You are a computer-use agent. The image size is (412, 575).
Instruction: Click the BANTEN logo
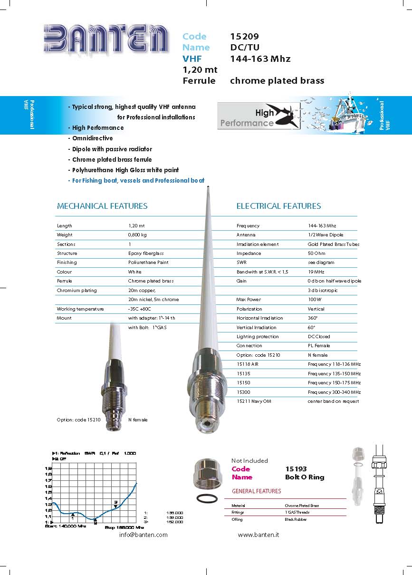(x=106, y=38)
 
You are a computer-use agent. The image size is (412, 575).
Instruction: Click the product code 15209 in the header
(x=244, y=37)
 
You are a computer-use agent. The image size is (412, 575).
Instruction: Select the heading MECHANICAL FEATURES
(x=102, y=206)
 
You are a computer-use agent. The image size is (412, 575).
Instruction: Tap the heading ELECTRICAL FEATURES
(x=278, y=206)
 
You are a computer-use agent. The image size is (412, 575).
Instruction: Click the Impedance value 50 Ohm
(x=316, y=253)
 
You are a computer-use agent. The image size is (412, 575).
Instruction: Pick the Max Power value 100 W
(x=315, y=300)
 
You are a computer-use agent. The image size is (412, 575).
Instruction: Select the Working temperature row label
(x=80, y=309)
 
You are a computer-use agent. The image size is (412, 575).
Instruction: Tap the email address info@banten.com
(x=143, y=535)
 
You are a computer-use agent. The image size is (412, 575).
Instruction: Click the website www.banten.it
(x=258, y=535)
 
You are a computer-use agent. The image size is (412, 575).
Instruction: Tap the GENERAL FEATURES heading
(x=256, y=491)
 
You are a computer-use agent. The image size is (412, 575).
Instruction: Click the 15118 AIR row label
(x=248, y=364)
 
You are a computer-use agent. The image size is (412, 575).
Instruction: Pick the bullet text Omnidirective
(x=92, y=138)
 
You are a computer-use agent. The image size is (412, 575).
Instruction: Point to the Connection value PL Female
(x=318, y=346)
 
